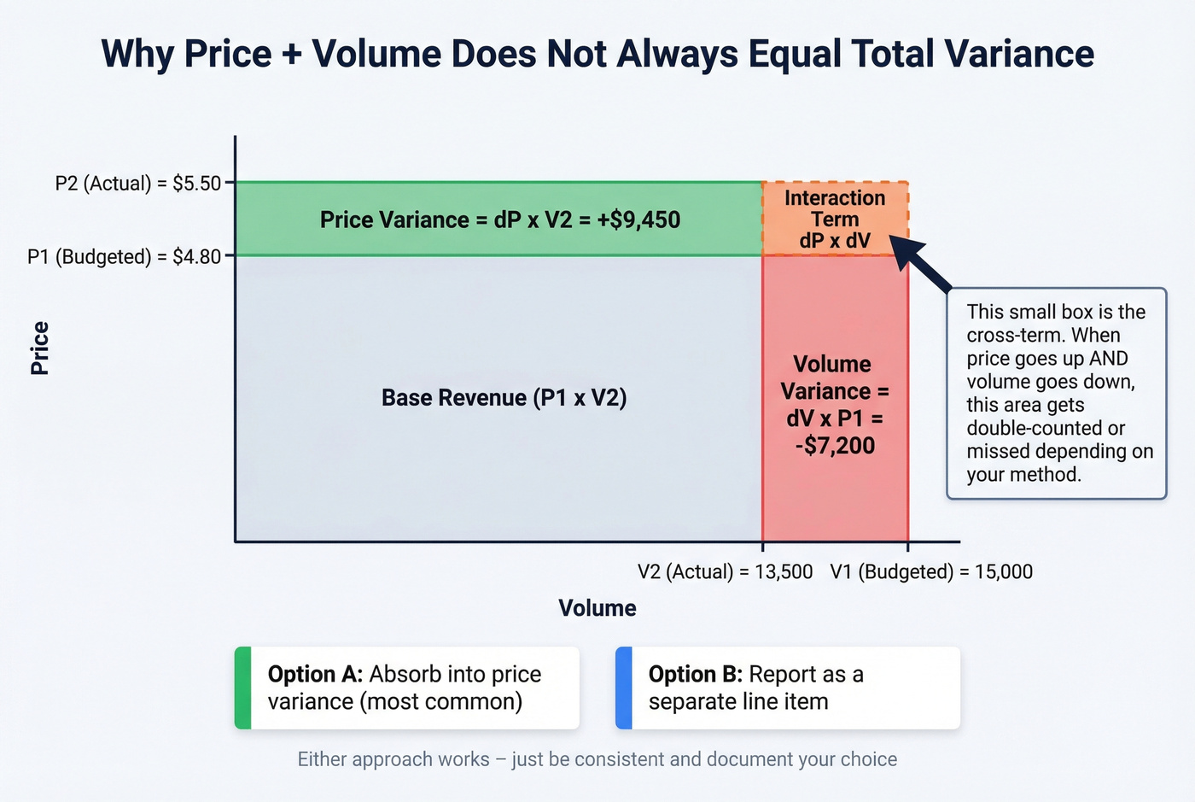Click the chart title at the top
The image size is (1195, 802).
point(597,54)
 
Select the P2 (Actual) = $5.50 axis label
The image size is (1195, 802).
point(138,184)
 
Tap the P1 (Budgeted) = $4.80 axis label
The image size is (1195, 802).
point(125,256)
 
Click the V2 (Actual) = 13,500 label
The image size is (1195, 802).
point(725,571)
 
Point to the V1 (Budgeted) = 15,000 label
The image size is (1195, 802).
point(931,571)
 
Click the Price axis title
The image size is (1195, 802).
point(39,348)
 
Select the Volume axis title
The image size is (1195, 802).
point(597,608)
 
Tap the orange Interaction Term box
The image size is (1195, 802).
point(835,219)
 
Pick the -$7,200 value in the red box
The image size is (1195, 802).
point(835,445)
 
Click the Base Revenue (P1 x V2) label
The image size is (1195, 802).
point(504,398)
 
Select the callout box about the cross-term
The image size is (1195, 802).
point(1057,393)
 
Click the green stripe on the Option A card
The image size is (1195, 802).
point(243,688)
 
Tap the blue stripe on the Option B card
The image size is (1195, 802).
point(624,688)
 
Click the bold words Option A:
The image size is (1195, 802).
point(315,674)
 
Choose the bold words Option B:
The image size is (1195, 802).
point(695,674)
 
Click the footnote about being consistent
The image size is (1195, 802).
point(597,759)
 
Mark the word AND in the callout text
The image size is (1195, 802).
point(1109,359)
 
